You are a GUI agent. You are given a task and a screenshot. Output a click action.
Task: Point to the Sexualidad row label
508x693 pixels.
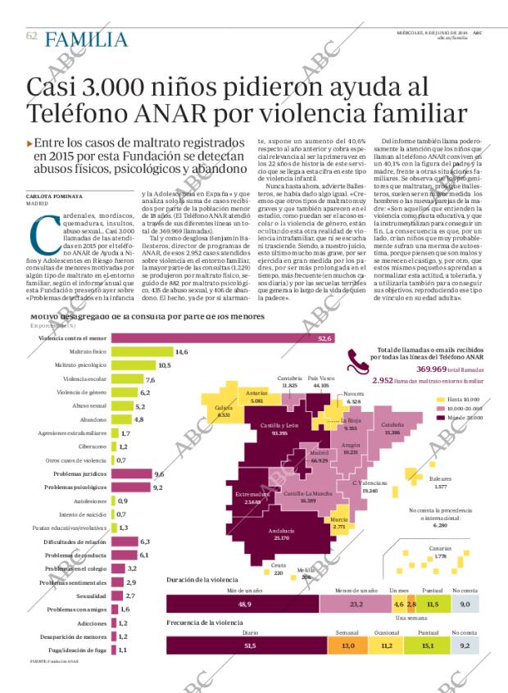click(x=92, y=595)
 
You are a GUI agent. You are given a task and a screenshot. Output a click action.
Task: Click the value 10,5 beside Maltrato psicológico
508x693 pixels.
click(x=164, y=365)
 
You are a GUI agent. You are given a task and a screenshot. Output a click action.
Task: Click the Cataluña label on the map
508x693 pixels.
click(x=392, y=428)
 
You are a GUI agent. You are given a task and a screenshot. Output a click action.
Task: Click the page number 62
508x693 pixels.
click(x=31, y=36)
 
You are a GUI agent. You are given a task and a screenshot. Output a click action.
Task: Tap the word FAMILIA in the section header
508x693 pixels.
click(x=86, y=38)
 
